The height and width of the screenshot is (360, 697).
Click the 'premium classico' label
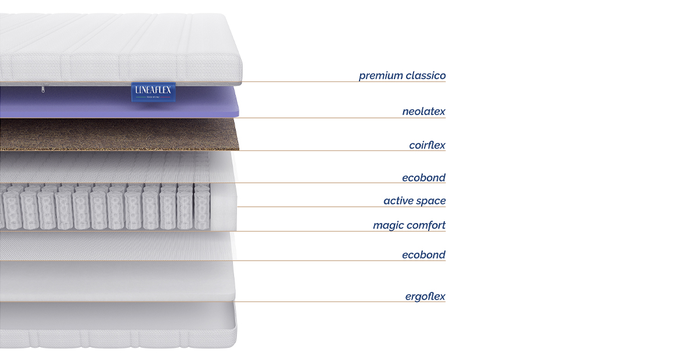tap(402, 75)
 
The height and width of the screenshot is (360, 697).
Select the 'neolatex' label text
tap(423, 111)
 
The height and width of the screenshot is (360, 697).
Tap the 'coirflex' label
tap(427, 145)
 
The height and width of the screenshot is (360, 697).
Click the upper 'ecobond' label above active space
tap(423, 178)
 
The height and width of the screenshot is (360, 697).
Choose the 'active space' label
tap(415, 201)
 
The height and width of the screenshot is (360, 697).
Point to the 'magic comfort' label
tap(409, 225)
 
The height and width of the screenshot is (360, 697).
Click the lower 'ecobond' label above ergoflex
tap(423, 255)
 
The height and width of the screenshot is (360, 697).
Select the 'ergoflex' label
tap(425, 297)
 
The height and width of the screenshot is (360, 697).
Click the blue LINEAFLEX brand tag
tap(153, 92)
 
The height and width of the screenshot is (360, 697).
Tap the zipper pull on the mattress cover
tap(43, 89)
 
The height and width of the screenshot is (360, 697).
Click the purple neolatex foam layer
tap(118, 103)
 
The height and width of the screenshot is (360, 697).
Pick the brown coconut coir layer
tap(119, 135)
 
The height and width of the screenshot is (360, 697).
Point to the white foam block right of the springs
tap(224, 207)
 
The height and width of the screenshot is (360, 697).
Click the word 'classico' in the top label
tap(426, 75)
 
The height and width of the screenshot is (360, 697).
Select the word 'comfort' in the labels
tap(426, 225)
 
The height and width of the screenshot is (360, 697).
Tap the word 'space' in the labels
tap(431, 201)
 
